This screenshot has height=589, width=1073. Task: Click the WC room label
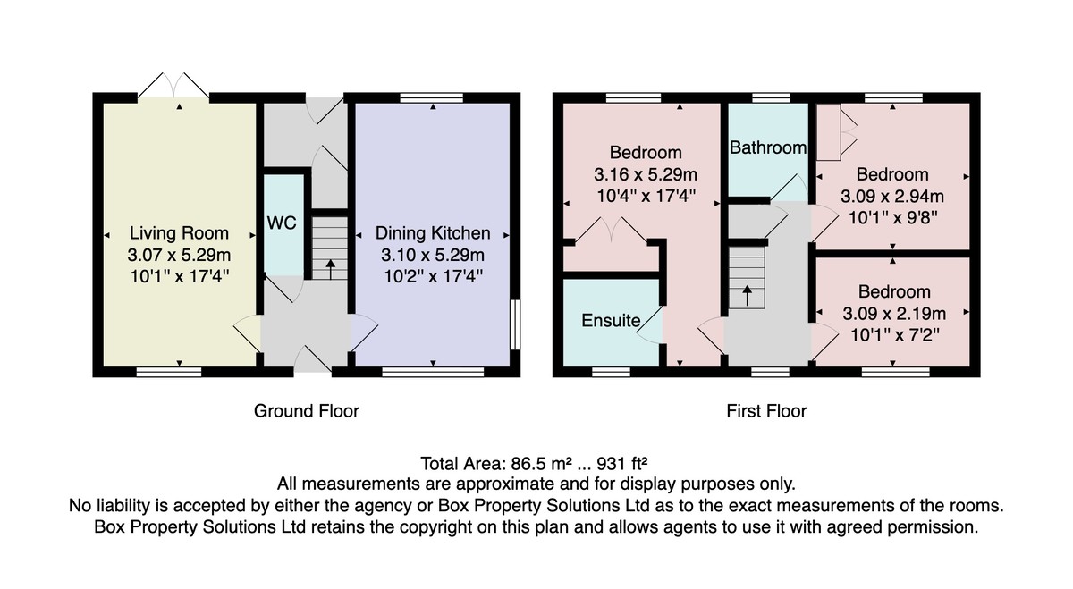(x=282, y=223)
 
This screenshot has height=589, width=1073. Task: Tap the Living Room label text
(x=179, y=233)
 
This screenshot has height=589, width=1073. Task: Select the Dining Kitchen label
(x=433, y=233)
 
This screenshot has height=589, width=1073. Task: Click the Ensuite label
(x=611, y=320)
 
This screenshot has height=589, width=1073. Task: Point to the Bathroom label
(x=768, y=147)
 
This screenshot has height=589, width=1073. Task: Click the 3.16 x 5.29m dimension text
(x=646, y=174)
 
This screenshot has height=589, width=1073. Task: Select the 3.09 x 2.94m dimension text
(x=892, y=197)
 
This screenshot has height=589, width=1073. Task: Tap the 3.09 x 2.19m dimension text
(x=894, y=314)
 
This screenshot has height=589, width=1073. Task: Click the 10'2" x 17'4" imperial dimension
(x=433, y=276)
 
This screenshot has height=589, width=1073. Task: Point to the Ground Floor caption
(x=306, y=411)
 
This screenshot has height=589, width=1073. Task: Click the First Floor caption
(x=766, y=411)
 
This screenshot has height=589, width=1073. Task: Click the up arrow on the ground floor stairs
(x=330, y=269)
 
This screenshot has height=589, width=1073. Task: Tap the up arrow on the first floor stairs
(x=747, y=296)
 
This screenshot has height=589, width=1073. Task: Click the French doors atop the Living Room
(x=173, y=86)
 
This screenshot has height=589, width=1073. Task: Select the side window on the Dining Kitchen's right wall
(x=515, y=324)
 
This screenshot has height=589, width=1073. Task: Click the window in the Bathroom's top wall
(x=771, y=97)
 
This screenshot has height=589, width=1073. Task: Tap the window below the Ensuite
(x=611, y=372)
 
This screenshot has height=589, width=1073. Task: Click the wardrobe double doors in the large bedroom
(x=612, y=230)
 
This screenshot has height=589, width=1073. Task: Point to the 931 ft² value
(x=621, y=464)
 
